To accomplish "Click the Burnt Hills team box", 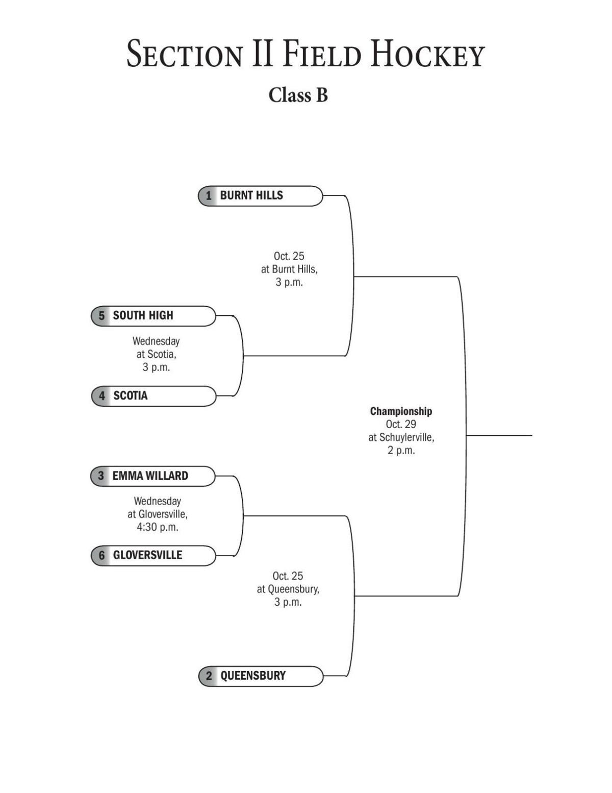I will pos(260,196).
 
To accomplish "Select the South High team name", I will pos(143,316).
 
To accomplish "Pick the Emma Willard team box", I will pos(153,476).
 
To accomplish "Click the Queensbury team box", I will pos(261,676).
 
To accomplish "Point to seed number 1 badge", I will pos(208,196).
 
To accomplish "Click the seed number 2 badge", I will pos(209,676).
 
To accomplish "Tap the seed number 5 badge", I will pos(101,316).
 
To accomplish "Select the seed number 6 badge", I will pos(101,555).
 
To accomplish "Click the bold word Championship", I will pos(401,411).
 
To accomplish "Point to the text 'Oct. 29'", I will pos(401,424).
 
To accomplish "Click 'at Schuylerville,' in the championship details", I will pos(401,437).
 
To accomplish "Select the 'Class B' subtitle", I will pos(298,95).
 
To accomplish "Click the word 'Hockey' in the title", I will pos(427,54).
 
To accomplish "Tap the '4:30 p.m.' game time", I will pos(157,527).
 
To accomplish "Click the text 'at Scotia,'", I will pos(156,354).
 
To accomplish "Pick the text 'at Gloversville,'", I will pos(157,514).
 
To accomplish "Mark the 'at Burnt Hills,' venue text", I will pos(289,269).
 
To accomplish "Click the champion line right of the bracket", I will pos(500,436).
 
